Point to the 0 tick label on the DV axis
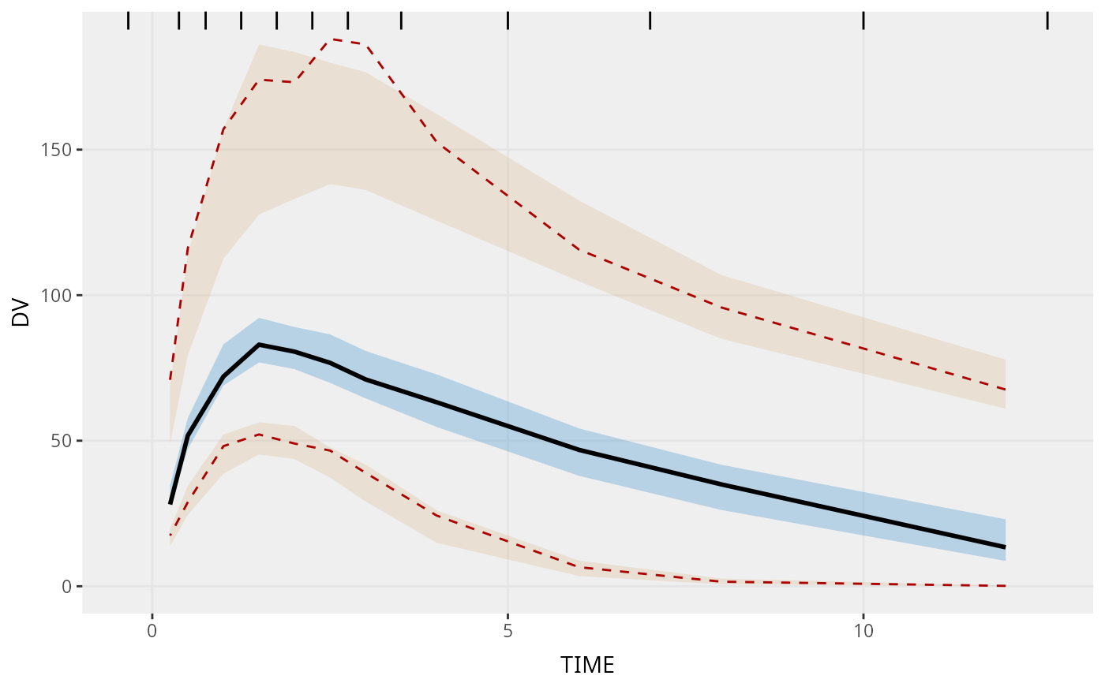click(x=67, y=586)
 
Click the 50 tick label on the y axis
click(x=62, y=441)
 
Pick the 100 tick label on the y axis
click(x=57, y=296)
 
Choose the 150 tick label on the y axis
click(x=57, y=150)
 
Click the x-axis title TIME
click(x=587, y=665)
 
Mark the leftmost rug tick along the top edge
click(x=128, y=21)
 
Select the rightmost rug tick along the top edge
click(x=1047, y=21)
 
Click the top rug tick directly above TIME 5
click(x=508, y=21)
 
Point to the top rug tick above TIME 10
click(x=863, y=21)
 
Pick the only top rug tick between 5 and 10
click(x=650, y=21)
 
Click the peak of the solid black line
click(x=259, y=345)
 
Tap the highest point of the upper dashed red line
click(x=335, y=39)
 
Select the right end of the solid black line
click(x=1005, y=547)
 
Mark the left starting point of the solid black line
click(x=170, y=503)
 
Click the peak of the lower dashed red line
click(x=259, y=435)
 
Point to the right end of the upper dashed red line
click(x=1005, y=390)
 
